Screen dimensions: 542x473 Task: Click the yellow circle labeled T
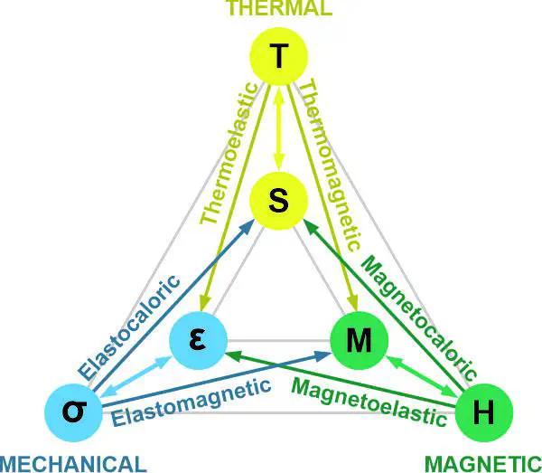tap(278, 56)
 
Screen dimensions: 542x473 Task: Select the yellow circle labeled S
tap(278, 201)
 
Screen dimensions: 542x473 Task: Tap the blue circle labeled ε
tap(198, 340)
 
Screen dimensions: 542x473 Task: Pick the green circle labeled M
tap(360, 340)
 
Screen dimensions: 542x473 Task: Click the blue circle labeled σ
tap(74, 412)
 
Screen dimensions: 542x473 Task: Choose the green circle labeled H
tap(483, 412)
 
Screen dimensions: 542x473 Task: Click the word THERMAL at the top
tap(280, 7)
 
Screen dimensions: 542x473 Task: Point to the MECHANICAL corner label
tap(72, 464)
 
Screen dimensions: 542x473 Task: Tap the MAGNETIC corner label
tap(483, 464)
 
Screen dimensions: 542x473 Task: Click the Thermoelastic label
tap(229, 153)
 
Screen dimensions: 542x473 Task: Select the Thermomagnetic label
tap(330, 165)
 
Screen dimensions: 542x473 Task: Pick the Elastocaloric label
tap(129, 327)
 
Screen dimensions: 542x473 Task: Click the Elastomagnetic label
tap(192, 403)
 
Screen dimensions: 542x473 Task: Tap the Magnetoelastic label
tap(369, 402)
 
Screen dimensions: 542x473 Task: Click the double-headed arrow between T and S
tap(279, 128)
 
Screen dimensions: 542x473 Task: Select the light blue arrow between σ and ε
tap(135, 376)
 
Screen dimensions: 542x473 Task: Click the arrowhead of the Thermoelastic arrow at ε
tap(205, 301)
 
